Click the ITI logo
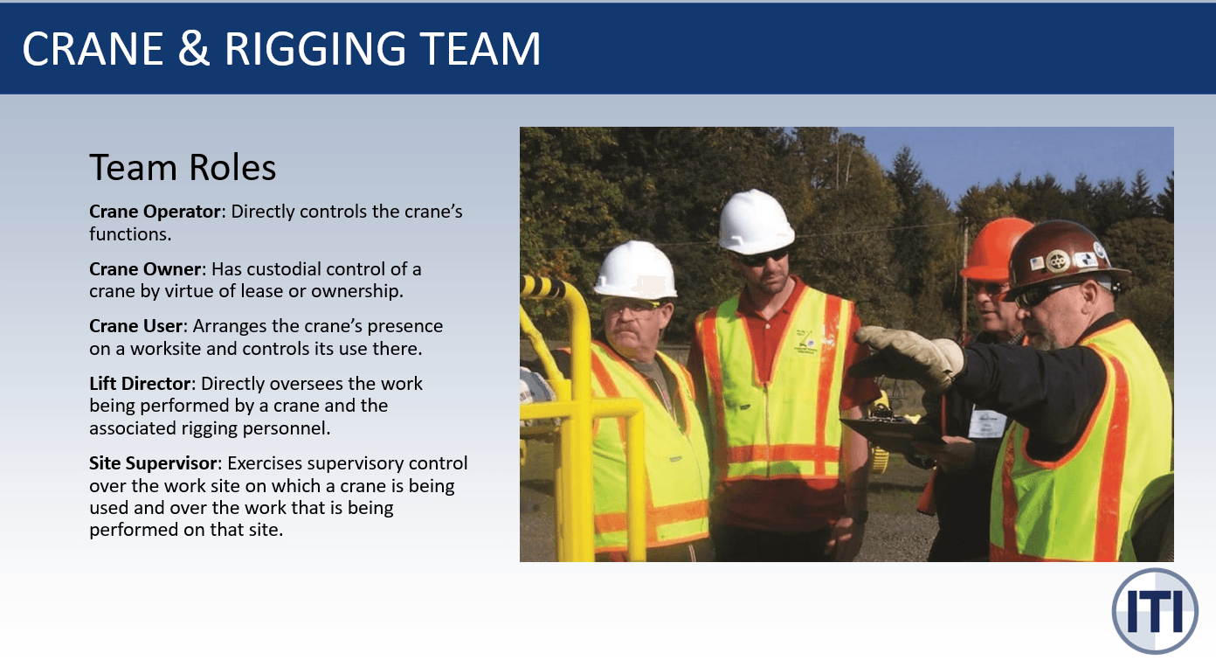(1154, 610)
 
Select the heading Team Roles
(183, 167)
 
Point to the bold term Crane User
(135, 326)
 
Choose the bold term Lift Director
(140, 384)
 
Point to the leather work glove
(913, 355)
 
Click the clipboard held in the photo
(891, 432)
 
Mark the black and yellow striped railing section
(544, 288)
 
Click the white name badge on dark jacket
(986, 423)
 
